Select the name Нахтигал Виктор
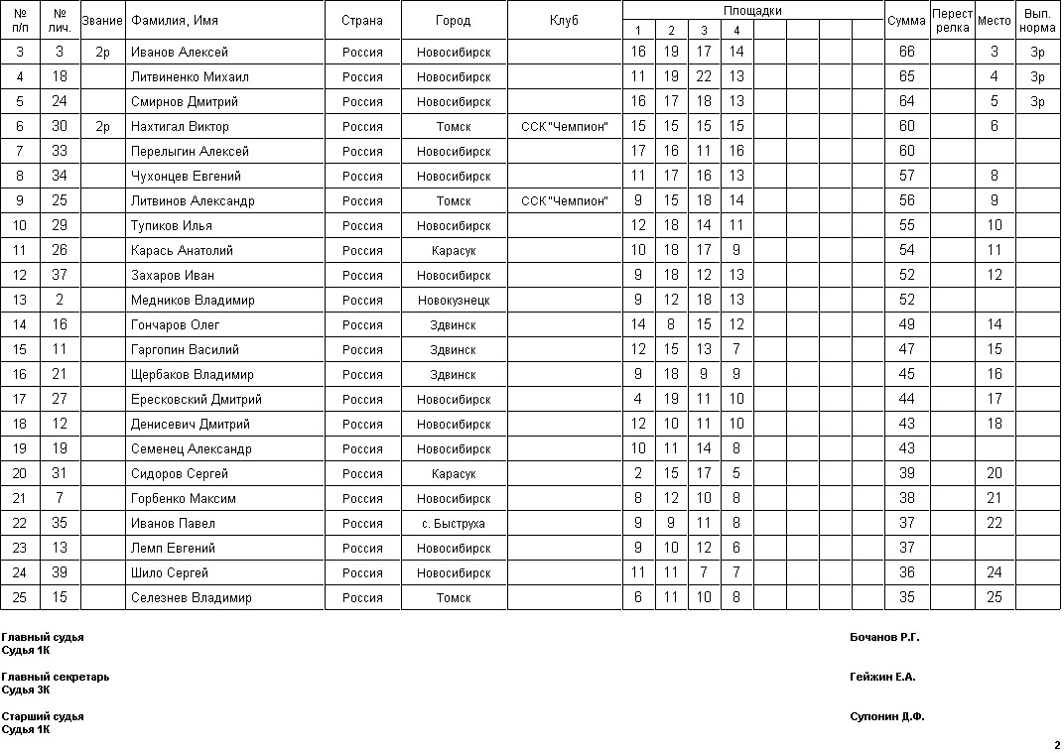[x=180, y=126]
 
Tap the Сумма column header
[x=906, y=21]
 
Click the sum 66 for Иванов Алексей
[x=906, y=52]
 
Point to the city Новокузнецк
[x=454, y=300]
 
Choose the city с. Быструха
[x=454, y=523]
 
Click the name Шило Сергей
[x=170, y=572]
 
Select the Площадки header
[x=752, y=11]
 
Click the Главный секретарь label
[x=56, y=677]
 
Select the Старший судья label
[x=43, y=716]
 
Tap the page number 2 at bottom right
[x=1056, y=745]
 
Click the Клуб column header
[x=564, y=21]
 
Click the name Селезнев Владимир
[x=191, y=597]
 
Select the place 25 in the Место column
[x=995, y=597]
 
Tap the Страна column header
[x=362, y=21]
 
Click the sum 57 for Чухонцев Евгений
[x=906, y=176]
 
